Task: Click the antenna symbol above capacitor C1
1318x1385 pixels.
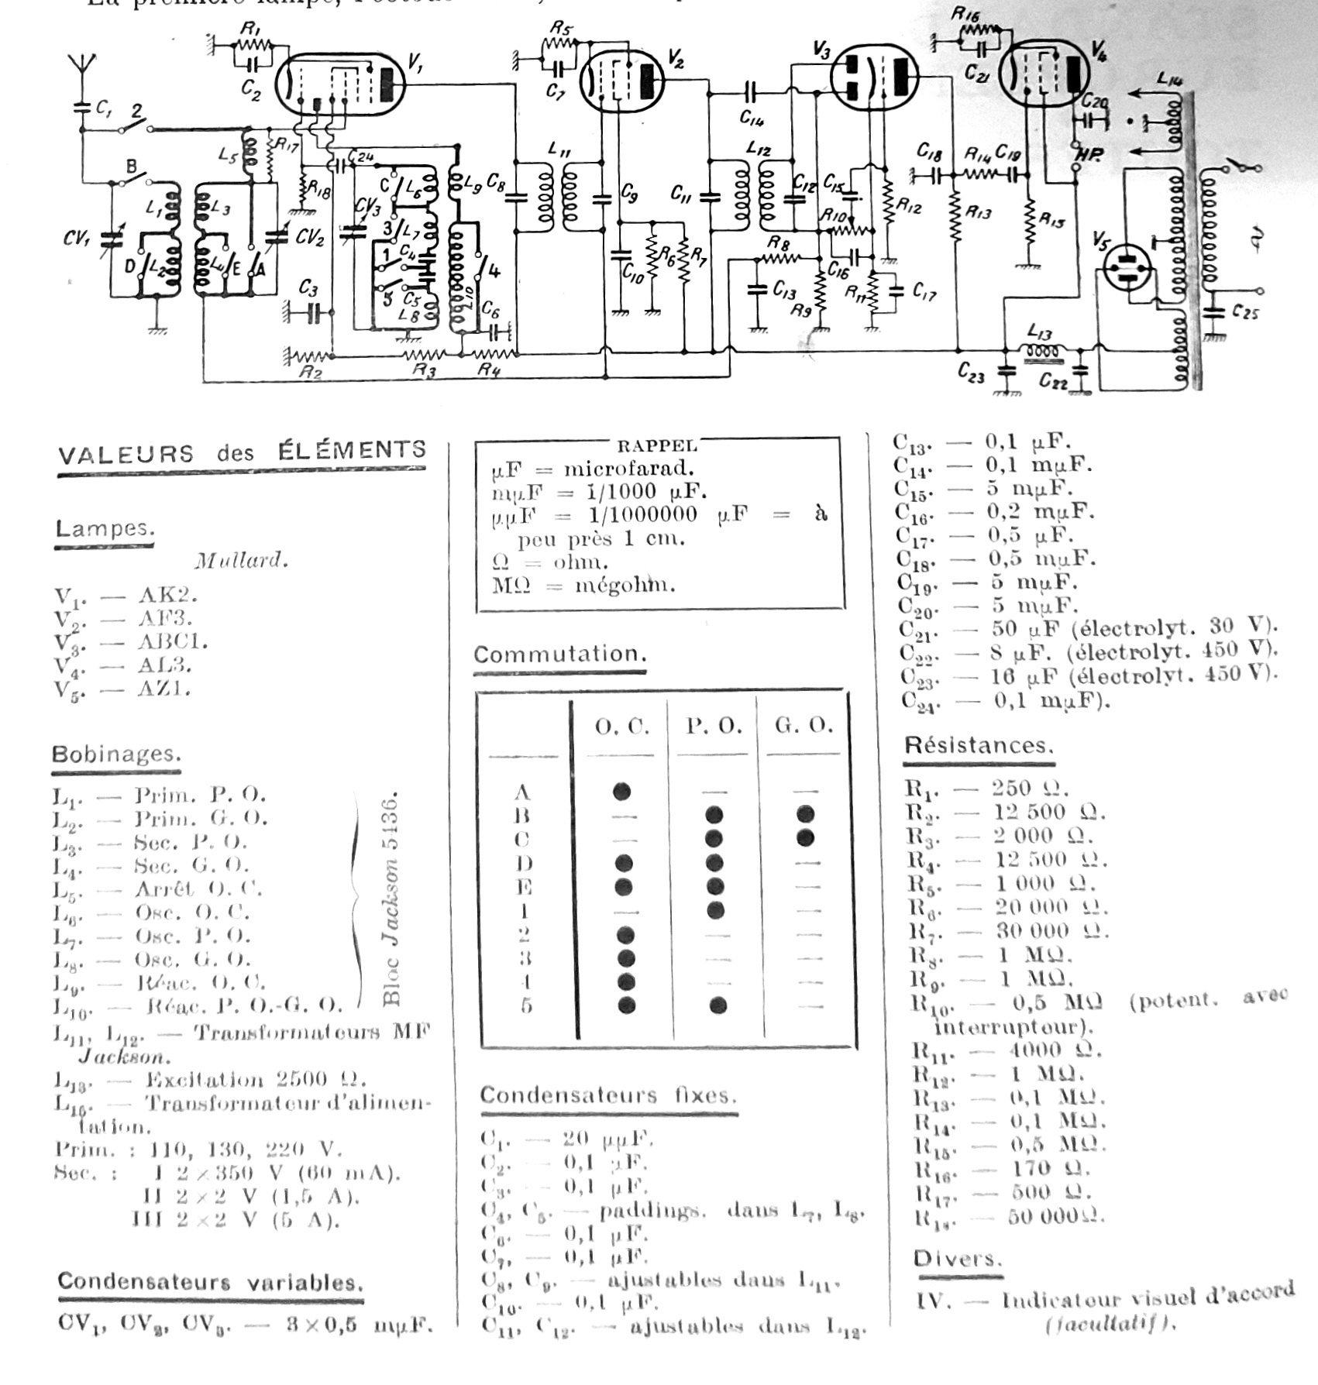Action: click(82, 65)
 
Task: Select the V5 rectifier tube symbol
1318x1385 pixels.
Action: click(1126, 268)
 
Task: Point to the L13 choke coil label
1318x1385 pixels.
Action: click(1039, 332)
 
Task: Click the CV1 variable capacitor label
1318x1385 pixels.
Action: click(77, 239)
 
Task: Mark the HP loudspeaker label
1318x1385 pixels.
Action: click(1089, 155)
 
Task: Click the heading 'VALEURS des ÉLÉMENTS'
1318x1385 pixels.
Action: click(242, 452)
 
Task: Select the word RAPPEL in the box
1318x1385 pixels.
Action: click(657, 446)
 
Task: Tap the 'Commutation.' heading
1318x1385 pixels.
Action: click(559, 655)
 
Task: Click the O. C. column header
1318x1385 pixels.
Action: click(621, 727)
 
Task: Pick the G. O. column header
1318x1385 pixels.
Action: click(804, 726)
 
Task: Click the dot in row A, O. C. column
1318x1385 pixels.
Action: click(621, 791)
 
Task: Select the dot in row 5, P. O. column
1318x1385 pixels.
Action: click(718, 1005)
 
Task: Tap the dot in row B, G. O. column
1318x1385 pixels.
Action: click(805, 814)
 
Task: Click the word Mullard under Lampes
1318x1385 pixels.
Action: click(241, 561)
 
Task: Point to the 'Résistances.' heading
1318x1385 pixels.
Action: click(979, 746)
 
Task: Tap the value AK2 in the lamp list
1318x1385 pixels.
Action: click(167, 595)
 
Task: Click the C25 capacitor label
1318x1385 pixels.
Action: click(1244, 313)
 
